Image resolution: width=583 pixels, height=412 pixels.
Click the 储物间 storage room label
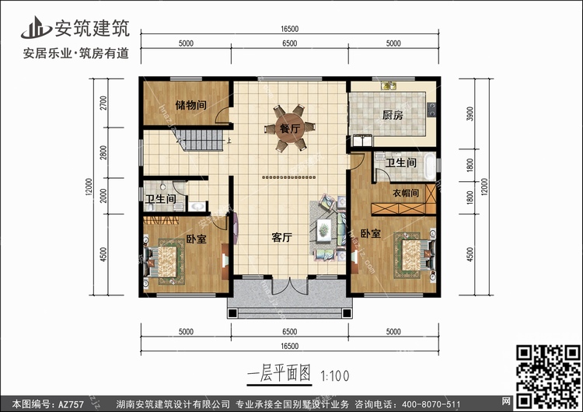click(x=190, y=105)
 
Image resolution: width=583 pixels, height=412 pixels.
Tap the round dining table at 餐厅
click(x=290, y=128)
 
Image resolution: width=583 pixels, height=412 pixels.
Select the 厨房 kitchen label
click(x=393, y=115)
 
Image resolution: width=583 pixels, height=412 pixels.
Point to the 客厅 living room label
click(x=282, y=237)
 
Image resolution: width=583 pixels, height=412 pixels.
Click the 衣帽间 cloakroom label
click(x=406, y=193)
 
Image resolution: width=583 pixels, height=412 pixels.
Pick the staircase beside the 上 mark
click(x=200, y=140)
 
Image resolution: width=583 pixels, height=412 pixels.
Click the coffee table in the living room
click(x=324, y=229)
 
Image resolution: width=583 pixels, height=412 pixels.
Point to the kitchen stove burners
click(x=431, y=110)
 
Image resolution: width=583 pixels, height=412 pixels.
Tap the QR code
click(x=548, y=376)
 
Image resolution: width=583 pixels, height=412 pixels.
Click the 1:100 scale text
click(x=334, y=375)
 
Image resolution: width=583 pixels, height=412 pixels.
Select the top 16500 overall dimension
click(x=290, y=29)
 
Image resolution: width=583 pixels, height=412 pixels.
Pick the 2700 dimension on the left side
click(x=103, y=103)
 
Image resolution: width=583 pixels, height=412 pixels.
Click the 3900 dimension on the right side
click(x=470, y=113)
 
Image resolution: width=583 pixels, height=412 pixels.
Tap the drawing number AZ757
click(x=71, y=403)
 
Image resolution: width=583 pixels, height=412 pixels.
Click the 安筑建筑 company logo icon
click(x=36, y=27)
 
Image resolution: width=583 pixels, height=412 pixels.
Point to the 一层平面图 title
click(x=279, y=373)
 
